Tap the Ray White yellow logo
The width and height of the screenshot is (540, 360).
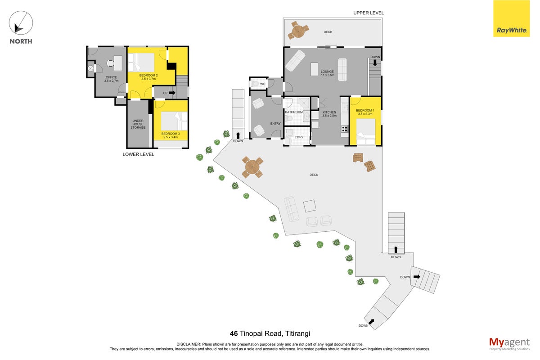(511, 18)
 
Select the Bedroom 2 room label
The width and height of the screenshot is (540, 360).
(148, 77)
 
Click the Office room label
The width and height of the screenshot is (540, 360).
(111, 79)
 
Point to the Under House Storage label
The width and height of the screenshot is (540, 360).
(138, 124)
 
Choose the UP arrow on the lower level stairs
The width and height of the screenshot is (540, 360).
(172, 93)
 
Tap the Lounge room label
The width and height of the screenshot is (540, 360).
(327, 73)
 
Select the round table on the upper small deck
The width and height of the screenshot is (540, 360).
(298, 31)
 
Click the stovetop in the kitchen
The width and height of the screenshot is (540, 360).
(345, 129)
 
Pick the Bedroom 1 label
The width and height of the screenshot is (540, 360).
(365, 112)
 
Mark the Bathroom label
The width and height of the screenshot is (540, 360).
(293, 112)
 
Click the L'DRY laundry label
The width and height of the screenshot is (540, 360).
(299, 137)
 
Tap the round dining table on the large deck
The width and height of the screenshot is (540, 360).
(252, 167)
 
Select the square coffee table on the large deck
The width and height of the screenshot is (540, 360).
(310, 206)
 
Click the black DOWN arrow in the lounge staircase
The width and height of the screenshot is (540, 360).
(375, 63)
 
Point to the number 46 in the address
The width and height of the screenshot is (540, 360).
(234, 333)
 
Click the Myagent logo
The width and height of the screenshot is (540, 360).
(509, 344)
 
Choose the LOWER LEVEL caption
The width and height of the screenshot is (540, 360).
(138, 154)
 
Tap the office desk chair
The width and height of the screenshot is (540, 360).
(110, 63)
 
